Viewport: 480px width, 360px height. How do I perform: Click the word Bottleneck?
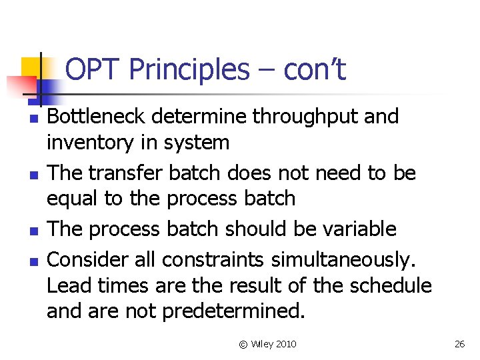click(97, 117)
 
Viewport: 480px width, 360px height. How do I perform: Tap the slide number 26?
click(459, 344)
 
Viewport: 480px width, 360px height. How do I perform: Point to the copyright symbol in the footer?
click(243, 344)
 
